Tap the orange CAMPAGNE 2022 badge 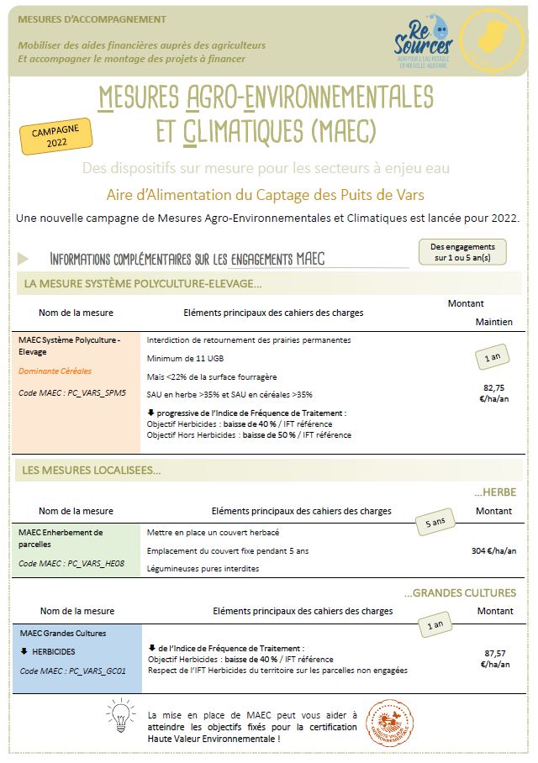[x=57, y=137]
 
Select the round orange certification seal [x=389, y=720]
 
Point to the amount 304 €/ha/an [x=494, y=551]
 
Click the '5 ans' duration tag [x=435, y=523]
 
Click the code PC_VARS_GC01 [x=72, y=671]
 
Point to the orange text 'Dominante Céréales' [x=55, y=371]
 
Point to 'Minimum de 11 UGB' [x=181, y=359]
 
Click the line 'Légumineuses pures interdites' [x=203, y=569]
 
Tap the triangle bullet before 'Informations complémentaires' [x=23, y=258]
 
